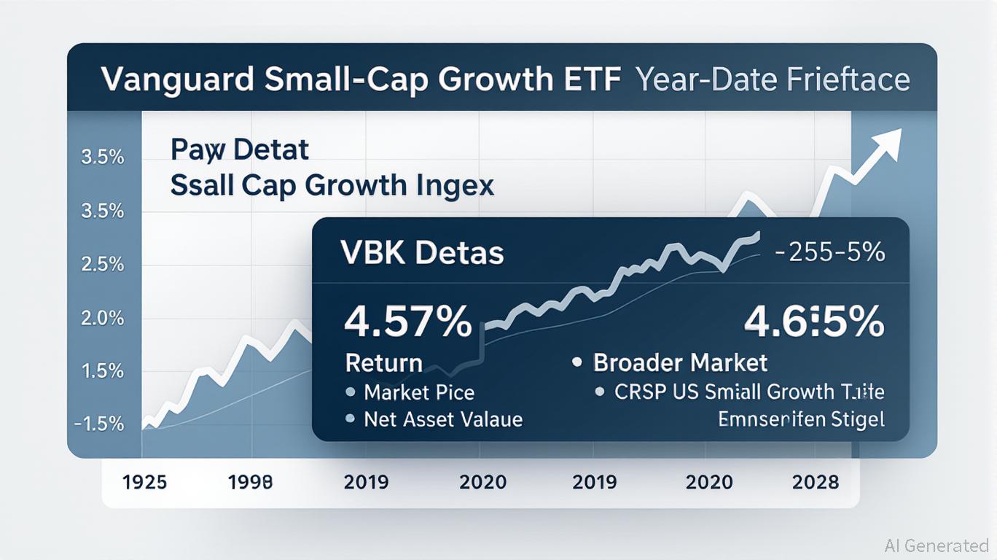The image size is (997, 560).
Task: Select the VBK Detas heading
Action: [x=422, y=253]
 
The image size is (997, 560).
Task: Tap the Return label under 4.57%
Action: [x=383, y=362]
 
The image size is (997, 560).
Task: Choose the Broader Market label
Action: [x=680, y=362]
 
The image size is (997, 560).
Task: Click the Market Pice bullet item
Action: [x=419, y=392]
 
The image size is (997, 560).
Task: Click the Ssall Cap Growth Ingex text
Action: [x=332, y=185]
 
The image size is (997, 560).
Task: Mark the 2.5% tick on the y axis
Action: [x=101, y=264]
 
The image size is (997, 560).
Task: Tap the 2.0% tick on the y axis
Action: [x=101, y=318]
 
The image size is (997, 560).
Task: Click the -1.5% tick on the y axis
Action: [x=99, y=424]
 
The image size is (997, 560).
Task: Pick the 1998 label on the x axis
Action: [x=250, y=482]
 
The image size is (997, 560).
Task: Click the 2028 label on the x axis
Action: [x=814, y=482]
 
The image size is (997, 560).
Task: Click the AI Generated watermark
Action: [x=937, y=545]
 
